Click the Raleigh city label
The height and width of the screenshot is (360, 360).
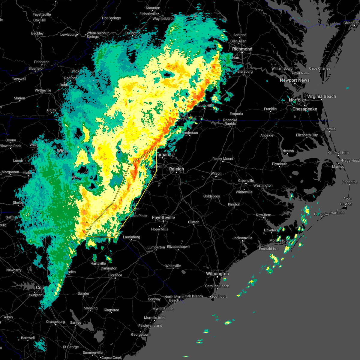click(x=176, y=169)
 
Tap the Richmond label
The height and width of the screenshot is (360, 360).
click(x=242, y=49)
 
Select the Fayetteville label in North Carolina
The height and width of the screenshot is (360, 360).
click(x=163, y=217)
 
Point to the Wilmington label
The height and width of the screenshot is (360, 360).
click(x=217, y=274)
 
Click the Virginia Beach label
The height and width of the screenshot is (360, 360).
click(x=321, y=96)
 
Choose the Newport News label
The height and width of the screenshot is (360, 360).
click(x=294, y=80)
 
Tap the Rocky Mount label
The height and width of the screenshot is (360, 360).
click(x=223, y=159)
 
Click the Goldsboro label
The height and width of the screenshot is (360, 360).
click(x=211, y=196)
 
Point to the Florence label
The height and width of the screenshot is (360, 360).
click(x=115, y=275)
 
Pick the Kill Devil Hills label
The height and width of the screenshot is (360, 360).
click(x=338, y=153)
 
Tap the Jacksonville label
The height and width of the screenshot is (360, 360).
click(x=242, y=238)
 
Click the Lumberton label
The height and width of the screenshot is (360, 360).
click(x=156, y=247)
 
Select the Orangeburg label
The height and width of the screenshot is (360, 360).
click(x=55, y=322)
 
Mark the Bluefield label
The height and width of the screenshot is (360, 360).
click(x=35, y=68)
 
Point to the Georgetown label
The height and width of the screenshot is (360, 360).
click(x=141, y=334)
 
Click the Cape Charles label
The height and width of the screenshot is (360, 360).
click(x=319, y=68)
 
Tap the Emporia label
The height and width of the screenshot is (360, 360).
click(x=236, y=114)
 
